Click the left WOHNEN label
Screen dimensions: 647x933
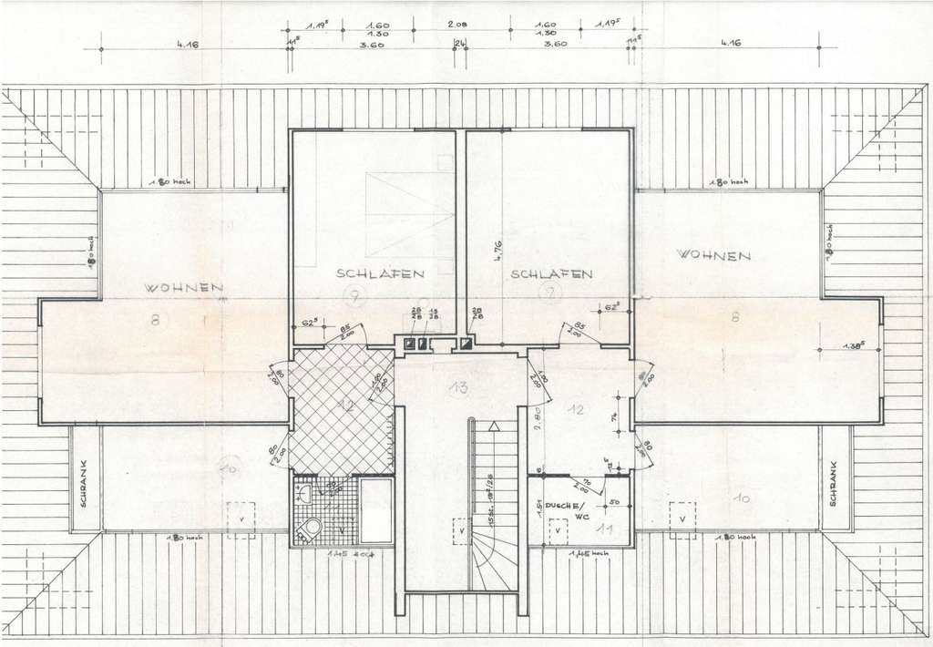pyautogui.click(x=185, y=288)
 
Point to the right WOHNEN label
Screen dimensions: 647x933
pyautogui.click(x=713, y=255)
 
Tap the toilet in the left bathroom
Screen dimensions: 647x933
pyautogui.click(x=313, y=528)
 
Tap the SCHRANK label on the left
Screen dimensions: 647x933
pyautogui.click(x=83, y=479)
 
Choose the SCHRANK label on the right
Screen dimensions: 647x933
pyautogui.click(x=833, y=478)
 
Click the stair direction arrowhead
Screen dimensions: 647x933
pyautogui.click(x=495, y=426)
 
